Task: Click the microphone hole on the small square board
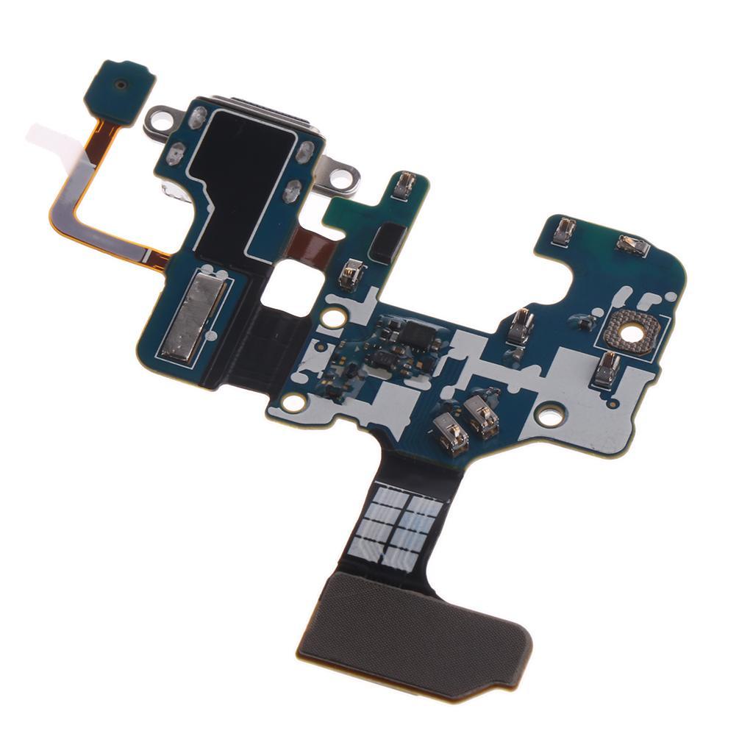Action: pyautogui.click(x=118, y=85)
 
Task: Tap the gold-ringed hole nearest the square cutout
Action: pyautogui.click(x=333, y=318)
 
